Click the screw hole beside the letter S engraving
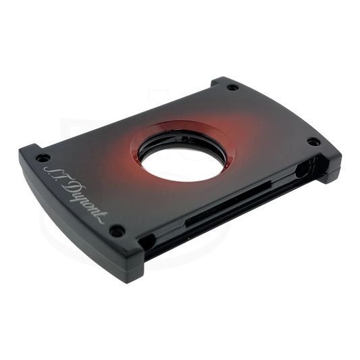[43, 157]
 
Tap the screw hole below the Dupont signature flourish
[117, 230]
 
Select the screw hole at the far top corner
[232, 88]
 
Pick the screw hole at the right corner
[313, 142]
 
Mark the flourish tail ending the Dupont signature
[101, 217]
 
